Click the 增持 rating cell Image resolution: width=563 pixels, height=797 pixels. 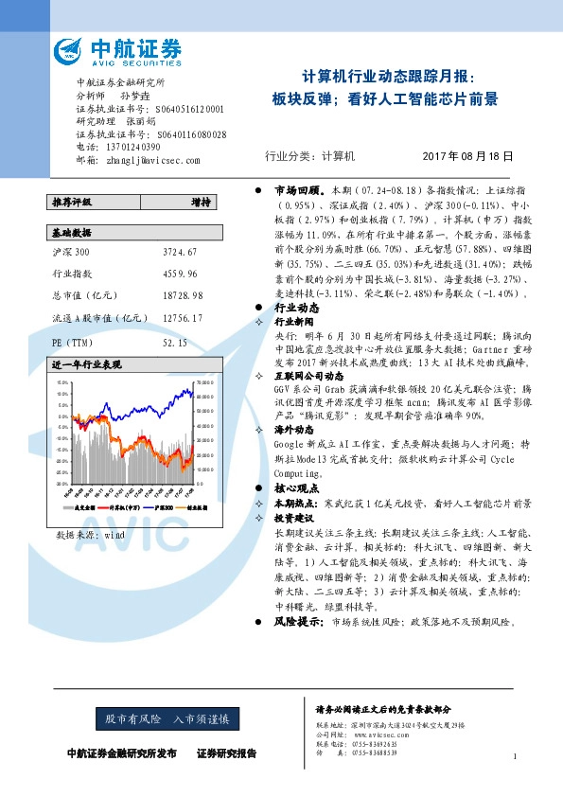[200, 202]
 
